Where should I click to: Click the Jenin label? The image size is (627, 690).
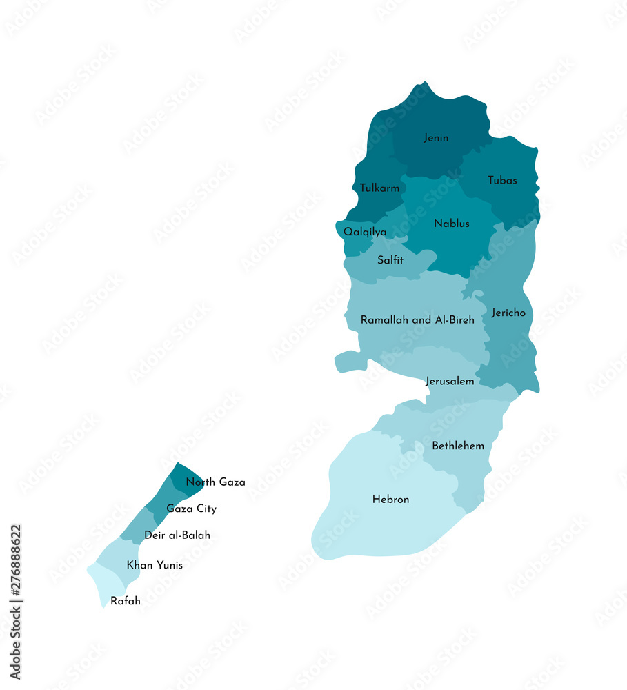coord(436,138)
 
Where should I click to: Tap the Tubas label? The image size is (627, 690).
coord(502,181)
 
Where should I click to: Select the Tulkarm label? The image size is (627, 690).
coord(379,188)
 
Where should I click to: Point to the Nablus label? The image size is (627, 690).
coord(452,224)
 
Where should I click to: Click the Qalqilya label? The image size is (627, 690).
coord(365,233)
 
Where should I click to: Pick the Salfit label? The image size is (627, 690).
coord(390,261)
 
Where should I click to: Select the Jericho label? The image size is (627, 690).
coord(508,313)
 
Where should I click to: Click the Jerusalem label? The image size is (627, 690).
coord(450,381)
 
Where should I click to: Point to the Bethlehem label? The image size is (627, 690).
coord(458,446)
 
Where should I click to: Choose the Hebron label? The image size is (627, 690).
coord(390,500)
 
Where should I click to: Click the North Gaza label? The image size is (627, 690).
coord(215,482)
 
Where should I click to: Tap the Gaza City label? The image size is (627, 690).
coord(191,509)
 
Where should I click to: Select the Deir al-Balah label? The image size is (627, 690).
coord(177,535)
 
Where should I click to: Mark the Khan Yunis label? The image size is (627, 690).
coord(155,565)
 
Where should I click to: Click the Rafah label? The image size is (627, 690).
coord(126,601)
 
